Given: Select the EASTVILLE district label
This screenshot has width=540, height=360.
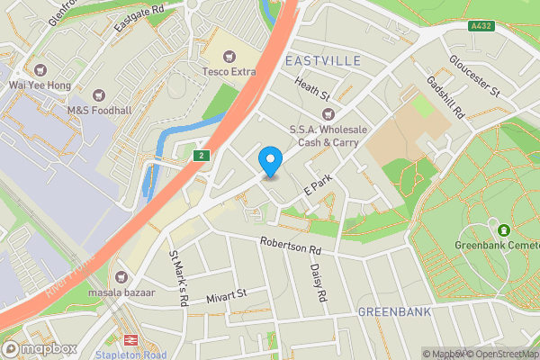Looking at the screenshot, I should point(321,60).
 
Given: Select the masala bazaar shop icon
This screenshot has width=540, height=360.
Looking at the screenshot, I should point(122,275).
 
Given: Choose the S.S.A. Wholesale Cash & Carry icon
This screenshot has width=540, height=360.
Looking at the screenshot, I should point(328,113).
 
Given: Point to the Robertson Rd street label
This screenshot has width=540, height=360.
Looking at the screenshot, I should point(290,245).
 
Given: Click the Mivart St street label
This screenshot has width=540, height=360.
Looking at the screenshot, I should point(225,294).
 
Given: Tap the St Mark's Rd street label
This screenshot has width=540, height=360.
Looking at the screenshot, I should point(177,278).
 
